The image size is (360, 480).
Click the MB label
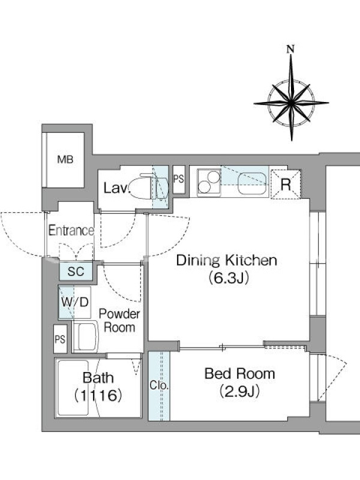65,160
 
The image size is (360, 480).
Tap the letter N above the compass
291,49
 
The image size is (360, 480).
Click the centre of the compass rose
291,103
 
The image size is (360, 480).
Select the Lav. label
117,188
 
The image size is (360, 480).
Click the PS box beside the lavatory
179,179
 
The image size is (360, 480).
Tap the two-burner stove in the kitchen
209,182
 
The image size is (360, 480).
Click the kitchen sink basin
253,184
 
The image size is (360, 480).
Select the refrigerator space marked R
286,184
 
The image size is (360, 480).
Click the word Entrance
71,230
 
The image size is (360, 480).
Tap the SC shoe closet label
76,271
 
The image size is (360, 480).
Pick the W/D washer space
74,302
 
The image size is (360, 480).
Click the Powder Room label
119,320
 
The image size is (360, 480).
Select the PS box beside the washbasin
60,339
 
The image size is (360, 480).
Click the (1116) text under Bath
98,395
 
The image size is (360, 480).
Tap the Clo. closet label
159,385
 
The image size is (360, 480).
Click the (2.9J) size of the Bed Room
239,391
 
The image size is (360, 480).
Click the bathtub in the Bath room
72,389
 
